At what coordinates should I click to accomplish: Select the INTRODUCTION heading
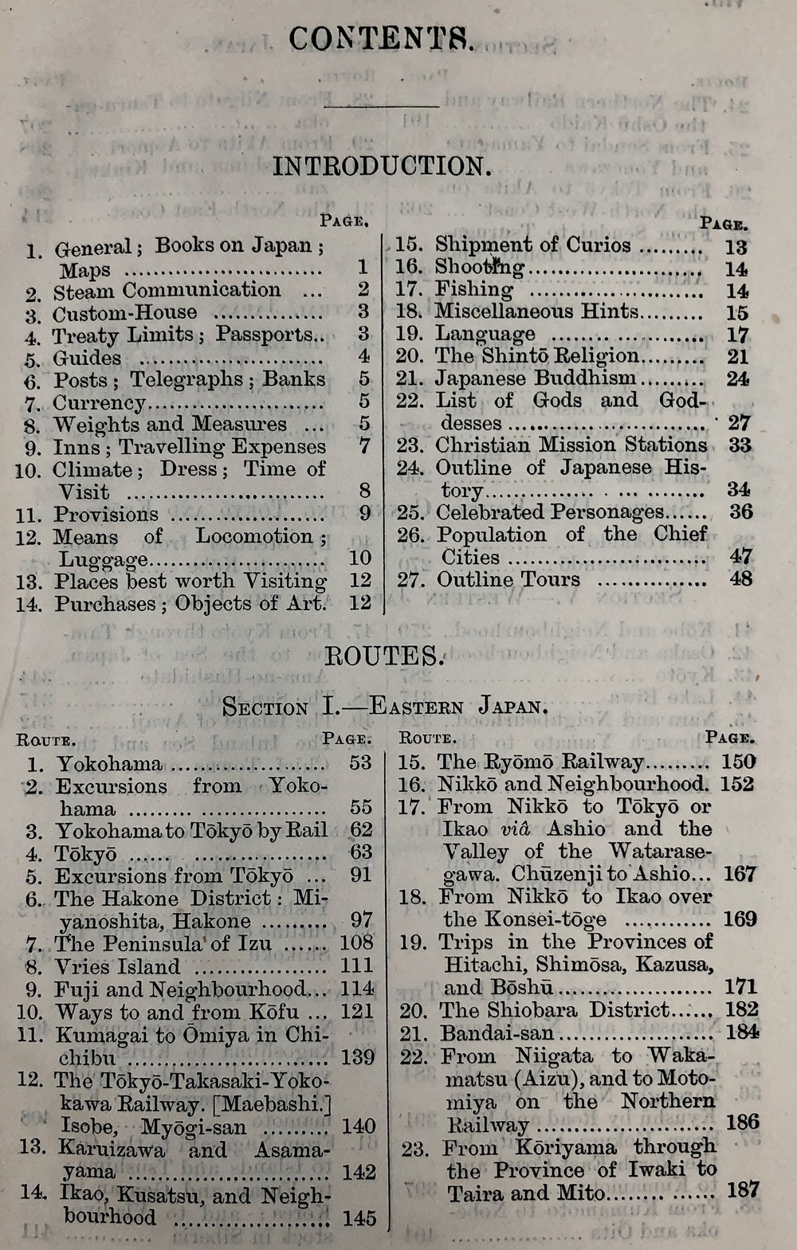(381, 166)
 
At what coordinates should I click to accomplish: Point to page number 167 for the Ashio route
(739, 874)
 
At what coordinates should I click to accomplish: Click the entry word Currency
(100, 403)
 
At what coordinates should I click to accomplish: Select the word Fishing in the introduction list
(474, 289)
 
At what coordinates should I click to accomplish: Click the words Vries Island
(117, 967)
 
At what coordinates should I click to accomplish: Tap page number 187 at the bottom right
(743, 1191)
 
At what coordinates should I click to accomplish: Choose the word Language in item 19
(485, 334)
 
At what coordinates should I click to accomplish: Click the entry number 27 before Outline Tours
(409, 580)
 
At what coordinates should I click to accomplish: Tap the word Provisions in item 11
(106, 515)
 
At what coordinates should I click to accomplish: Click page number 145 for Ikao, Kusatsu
(359, 1217)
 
